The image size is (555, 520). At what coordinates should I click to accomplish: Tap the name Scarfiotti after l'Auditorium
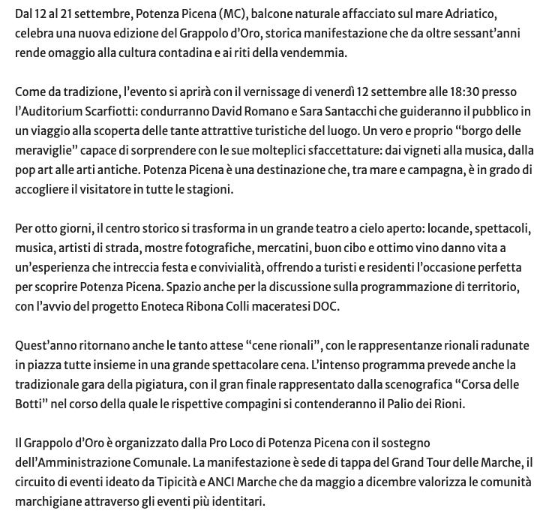tap(107, 112)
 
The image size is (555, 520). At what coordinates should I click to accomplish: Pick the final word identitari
tap(238, 501)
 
